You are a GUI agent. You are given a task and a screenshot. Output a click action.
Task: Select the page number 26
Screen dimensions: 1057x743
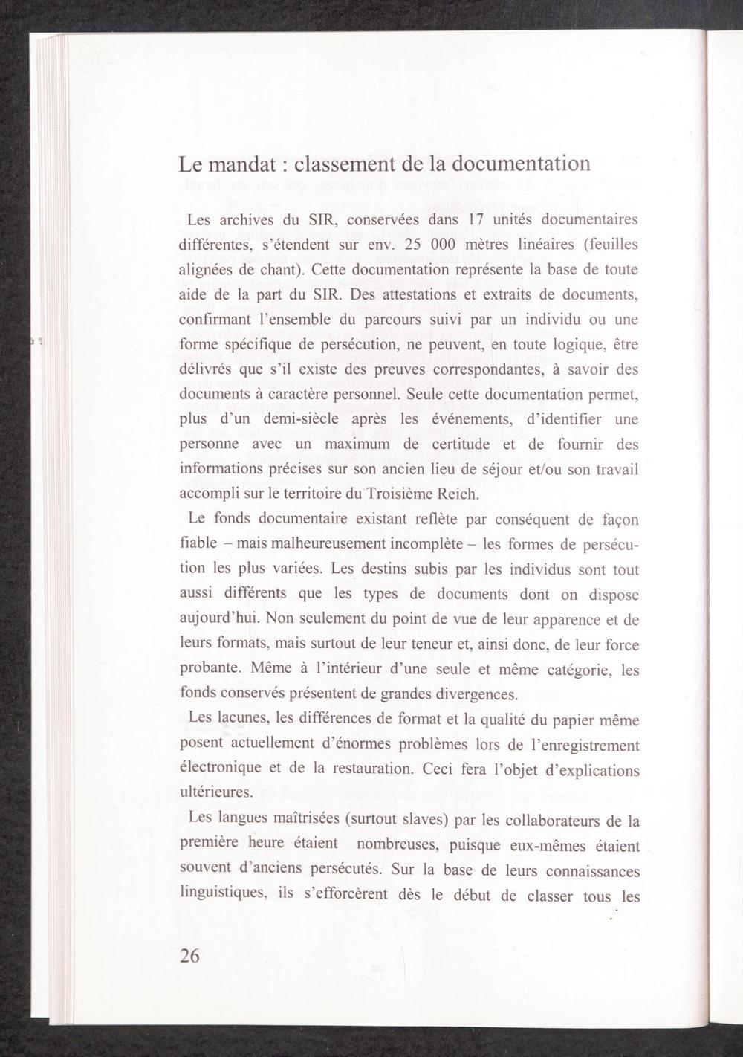[x=189, y=956]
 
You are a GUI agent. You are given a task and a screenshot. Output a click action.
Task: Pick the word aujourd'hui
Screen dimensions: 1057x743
[x=218, y=619]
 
